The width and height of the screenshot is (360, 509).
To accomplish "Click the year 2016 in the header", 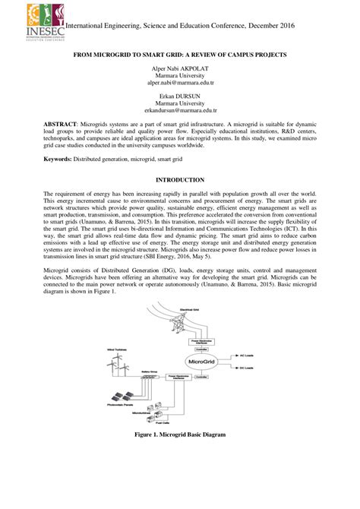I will tap(283, 25).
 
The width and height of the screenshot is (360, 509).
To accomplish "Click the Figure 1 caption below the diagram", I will tap(180, 434).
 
